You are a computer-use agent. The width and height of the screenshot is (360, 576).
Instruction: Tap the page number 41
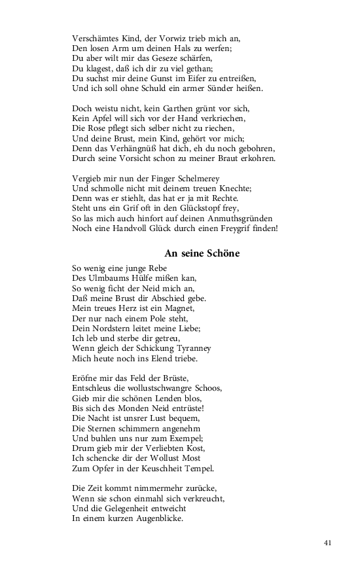328,543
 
